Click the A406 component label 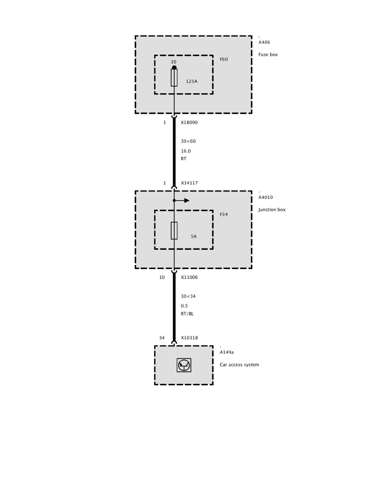click(264, 42)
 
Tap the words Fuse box click(268, 54)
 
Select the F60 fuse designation click(224, 59)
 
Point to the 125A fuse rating click(191, 81)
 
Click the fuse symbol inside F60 click(174, 78)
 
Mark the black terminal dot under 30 click(174, 67)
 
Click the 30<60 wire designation click(188, 141)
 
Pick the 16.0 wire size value click(186, 151)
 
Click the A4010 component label click(265, 197)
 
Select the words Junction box click(272, 209)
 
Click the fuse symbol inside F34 click(174, 230)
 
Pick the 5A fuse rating click(193, 237)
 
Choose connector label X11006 click(189, 277)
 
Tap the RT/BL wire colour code click(187, 314)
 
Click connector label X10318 click(189, 338)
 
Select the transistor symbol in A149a click(184, 365)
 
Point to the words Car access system click(239, 364)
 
